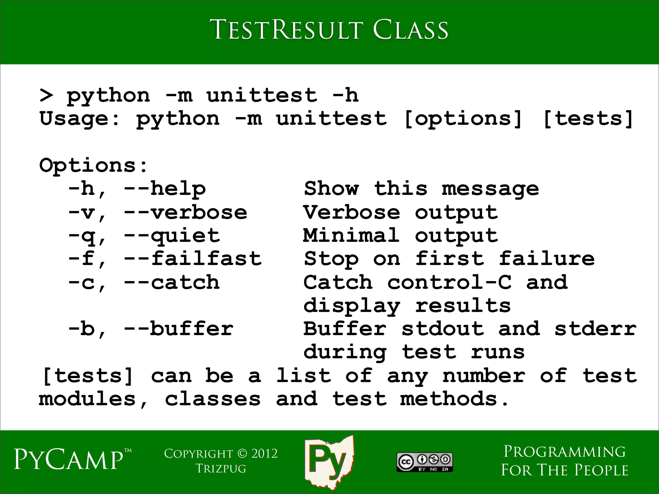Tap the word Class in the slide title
(410, 30)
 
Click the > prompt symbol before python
(46, 95)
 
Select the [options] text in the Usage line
(462, 119)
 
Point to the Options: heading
(93, 165)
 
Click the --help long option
(165, 189)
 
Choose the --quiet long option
(172, 236)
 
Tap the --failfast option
(193, 259)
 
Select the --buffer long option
(179, 329)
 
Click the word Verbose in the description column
(352, 213)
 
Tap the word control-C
(449, 282)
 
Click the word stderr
(595, 329)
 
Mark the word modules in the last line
(88, 399)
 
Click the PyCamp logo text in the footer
(69, 459)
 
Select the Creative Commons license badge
(425, 462)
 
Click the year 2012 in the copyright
(264, 453)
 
